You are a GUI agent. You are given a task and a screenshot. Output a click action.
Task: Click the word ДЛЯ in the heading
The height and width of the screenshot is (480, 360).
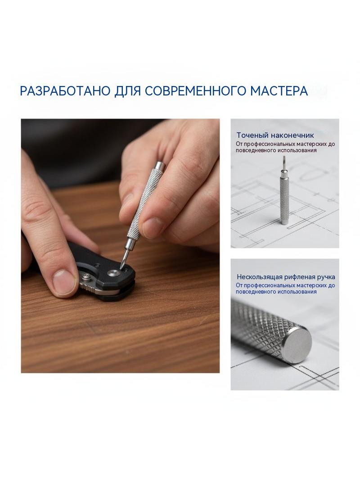pos(127,91)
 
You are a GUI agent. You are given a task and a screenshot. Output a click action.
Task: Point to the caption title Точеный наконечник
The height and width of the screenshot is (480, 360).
pos(275,135)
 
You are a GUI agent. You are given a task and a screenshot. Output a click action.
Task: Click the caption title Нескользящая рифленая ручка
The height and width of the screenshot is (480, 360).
pos(286,277)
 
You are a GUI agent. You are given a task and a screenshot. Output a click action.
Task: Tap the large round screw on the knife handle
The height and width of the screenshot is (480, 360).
pos(114,273)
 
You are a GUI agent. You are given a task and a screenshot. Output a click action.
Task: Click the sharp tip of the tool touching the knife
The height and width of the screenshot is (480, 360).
pos(122,266)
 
